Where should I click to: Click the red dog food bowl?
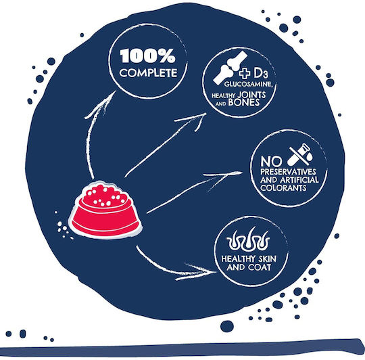click(x=105, y=210)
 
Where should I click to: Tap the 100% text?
click(x=147, y=55)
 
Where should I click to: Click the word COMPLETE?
click(x=148, y=73)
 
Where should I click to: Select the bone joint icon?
click(x=230, y=68)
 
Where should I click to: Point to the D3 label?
click(x=261, y=73)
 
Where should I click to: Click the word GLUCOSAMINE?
click(x=248, y=84)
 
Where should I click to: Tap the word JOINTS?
click(x=251, y=95)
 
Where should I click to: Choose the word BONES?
click(x=244, y=103)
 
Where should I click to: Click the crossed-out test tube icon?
click(x=300, y=154)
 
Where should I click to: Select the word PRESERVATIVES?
click(x=288, y=172)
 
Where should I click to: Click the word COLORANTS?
click(x=283, y=188)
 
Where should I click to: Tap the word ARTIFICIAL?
click(x=299, y=180)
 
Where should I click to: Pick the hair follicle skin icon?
click(x=248, y=240)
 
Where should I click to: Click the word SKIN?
click(x=267, y=258)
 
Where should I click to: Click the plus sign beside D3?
click(x=245, y=73)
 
